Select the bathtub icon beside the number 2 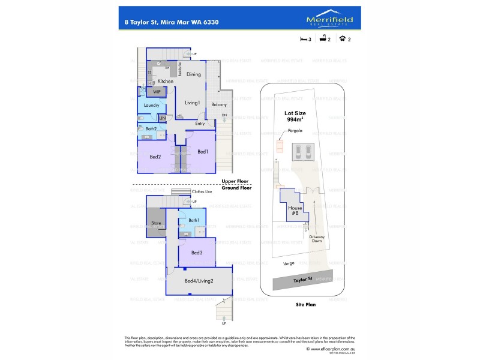tap(322, 40)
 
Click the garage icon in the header tap(342, 40)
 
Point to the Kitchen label tap(166, 81)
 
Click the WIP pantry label tap(157, 92)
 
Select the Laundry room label tap(151, 105)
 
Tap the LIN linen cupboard tap(162, 118)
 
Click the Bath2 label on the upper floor tap(151, 128)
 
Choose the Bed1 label tap(203, 151)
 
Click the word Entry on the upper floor tap(200, 124)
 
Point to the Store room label tap(156, 223)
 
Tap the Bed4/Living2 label tap(199, 281)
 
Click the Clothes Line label tap(202, 191)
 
